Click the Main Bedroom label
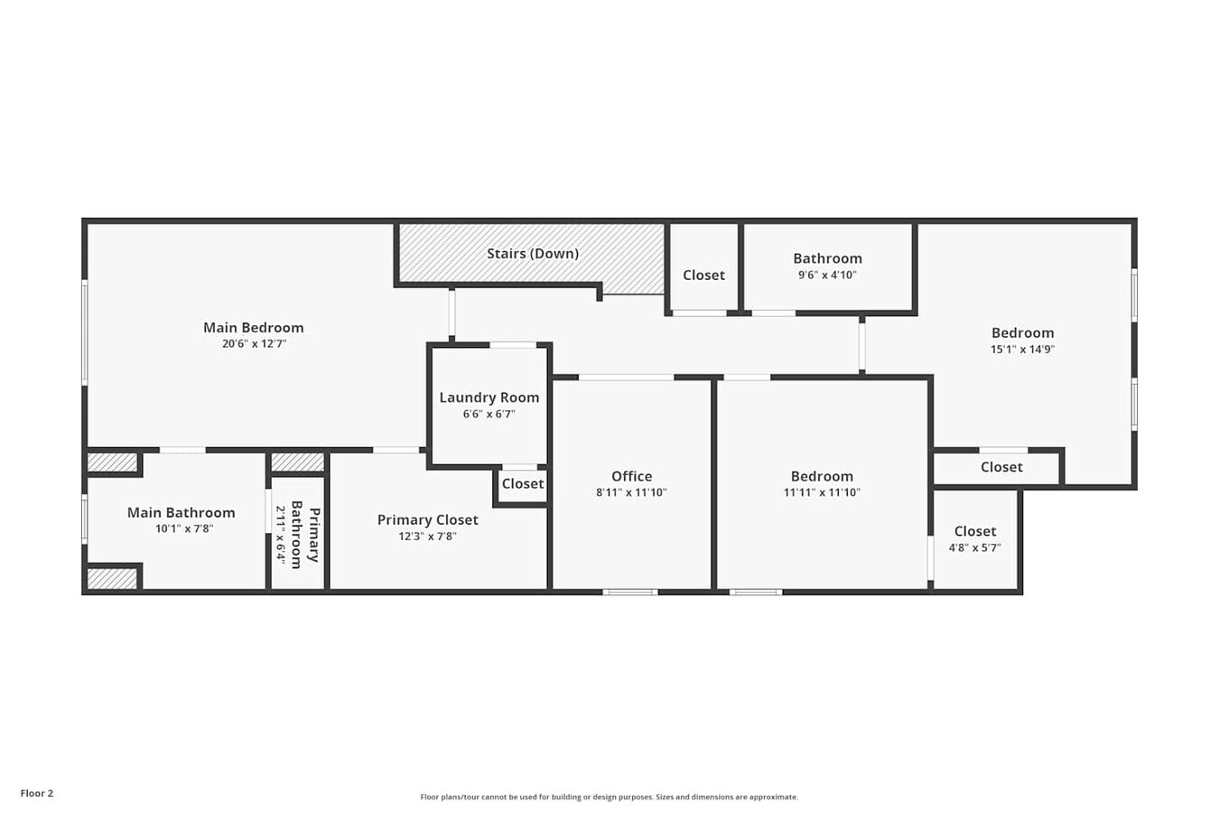coord(253,328)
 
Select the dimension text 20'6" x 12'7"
coord(254,344)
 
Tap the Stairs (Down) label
coord(533,254)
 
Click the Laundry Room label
coord(489,397)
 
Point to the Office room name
coord(631,476)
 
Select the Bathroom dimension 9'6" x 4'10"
coord(827,276)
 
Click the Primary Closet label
coord(427,520)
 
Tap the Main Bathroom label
coord(181,513)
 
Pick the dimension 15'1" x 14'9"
coord(1022,350)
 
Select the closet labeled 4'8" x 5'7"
coord(974,538)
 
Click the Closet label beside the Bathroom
coord(703,276)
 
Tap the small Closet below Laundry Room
coord(523,484)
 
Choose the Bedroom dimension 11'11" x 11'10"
coord(822,493)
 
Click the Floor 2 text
coord(37,794)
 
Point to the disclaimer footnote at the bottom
coord(609,797)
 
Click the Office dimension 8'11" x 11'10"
coord(631,493)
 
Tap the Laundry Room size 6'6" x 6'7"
coord(489,415)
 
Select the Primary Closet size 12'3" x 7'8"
coord(427,537)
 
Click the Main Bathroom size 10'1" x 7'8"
coord(183,529)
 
